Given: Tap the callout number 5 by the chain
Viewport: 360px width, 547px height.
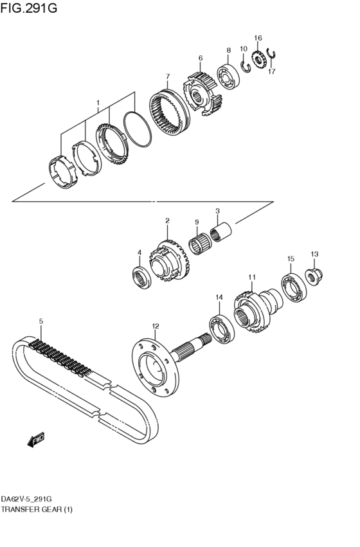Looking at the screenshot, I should [40, 321].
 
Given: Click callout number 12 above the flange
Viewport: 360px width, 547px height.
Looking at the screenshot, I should [155, 326].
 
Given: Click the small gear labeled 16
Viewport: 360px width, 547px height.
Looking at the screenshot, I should [258, 60].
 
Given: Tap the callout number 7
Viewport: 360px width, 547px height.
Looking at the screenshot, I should [167, 75].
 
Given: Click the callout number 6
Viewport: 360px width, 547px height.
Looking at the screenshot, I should [201, 58].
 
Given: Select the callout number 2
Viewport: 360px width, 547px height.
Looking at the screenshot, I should [167, 221].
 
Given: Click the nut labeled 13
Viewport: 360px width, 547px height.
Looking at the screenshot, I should [314, 275].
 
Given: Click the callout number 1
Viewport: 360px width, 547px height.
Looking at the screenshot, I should [98, 103].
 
